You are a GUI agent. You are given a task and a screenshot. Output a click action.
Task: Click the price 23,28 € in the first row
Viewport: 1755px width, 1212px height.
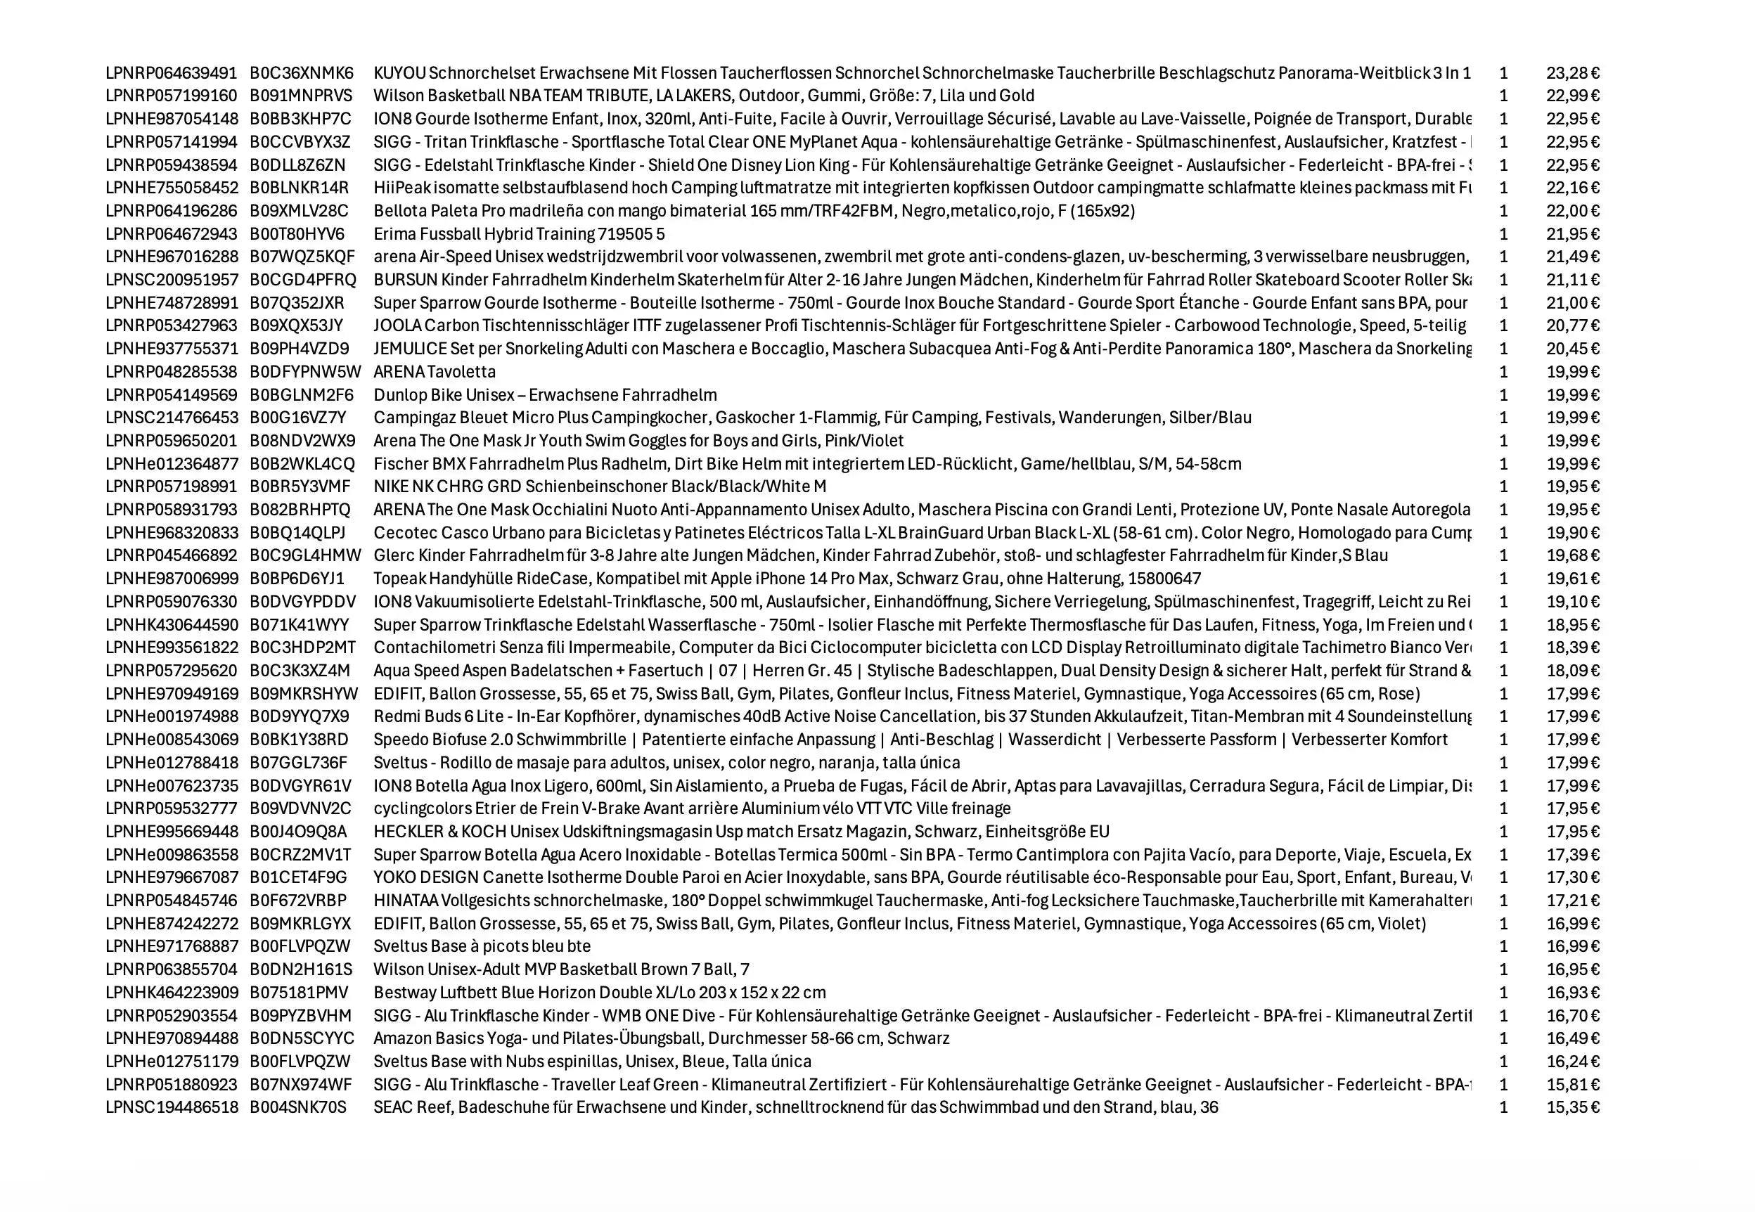1572,73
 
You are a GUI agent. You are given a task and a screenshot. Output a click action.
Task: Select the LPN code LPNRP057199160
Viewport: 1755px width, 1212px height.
171,96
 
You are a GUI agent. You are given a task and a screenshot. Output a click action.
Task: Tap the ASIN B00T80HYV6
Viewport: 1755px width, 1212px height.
297,234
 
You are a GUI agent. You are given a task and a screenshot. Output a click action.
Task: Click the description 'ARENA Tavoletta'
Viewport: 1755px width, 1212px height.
435,372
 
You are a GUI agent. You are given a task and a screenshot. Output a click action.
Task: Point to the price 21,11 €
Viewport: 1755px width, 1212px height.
1572,281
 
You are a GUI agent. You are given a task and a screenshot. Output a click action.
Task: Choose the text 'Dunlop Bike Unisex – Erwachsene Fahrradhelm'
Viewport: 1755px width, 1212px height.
544,395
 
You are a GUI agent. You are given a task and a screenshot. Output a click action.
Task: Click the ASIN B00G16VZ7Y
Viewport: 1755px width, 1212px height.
297,418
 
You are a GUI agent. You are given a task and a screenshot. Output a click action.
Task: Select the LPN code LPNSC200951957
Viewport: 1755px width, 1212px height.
172,281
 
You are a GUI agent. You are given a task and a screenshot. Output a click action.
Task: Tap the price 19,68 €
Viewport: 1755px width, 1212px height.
1572,556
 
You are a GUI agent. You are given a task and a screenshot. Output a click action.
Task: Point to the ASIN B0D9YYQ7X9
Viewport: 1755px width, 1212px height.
300,717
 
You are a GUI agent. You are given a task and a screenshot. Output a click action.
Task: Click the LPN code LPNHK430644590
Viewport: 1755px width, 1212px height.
172,625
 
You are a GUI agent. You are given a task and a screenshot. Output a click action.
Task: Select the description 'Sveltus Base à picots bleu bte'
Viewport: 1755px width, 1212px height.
482,947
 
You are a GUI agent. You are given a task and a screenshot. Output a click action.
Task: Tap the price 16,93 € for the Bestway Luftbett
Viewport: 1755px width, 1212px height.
1572,993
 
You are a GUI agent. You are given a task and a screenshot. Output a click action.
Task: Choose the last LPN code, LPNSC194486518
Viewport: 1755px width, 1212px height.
172,1108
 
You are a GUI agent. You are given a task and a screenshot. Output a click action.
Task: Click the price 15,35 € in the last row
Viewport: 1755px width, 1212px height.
1572,1108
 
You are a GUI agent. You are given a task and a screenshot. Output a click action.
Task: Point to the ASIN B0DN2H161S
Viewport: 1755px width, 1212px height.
301,969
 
